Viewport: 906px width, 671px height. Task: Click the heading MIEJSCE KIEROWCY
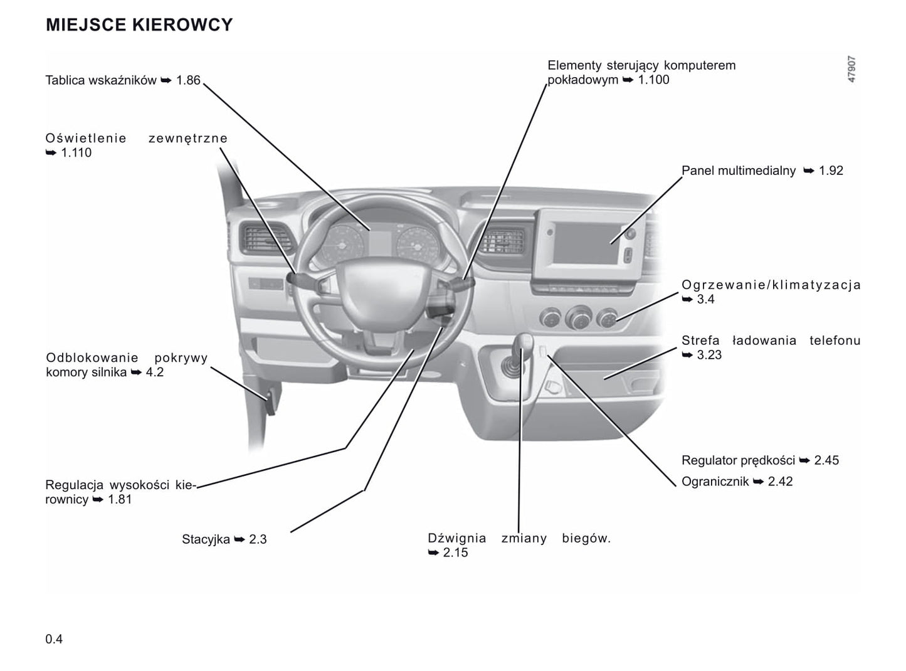pyautogui.click(x=139, y=24)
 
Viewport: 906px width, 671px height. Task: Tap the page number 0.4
pyautogui.click(x=54, y=639)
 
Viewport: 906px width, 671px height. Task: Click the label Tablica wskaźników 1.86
pyautogui.click(x=122, y=80)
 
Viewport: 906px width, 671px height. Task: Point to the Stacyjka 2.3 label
pyautogui.click(x=224, y=539)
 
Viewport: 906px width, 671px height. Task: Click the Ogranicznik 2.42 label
pyautogui.click(x=737, y=482)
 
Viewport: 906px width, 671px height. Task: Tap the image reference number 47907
pyautogui.click(x=851, y=70)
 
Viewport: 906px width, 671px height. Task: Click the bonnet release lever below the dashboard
pyautogui.click(x=273, y=401)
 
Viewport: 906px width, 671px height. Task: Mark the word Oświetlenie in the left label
pyautogui.click(x=86, y=139)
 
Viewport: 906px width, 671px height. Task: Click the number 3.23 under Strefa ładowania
pyautogui.click(x=709, y=355)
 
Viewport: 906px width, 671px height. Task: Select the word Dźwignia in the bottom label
pyautogui.click(x=456, y=538)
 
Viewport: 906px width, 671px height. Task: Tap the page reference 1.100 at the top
pyautogui.click(x=653, y=80)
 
